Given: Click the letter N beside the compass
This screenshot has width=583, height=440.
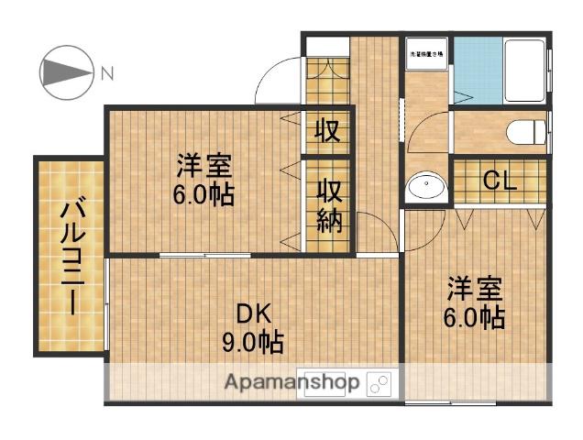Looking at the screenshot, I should click(107, 72).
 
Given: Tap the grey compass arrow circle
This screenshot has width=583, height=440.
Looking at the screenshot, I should click(65, 71).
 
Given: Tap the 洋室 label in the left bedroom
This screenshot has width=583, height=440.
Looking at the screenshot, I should click(204, 166).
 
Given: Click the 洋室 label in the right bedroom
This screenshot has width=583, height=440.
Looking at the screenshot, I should click(476, 290).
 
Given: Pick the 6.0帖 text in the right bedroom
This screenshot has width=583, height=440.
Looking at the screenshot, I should click(476, 318).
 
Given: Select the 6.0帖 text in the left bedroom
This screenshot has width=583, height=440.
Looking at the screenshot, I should click(204, 194).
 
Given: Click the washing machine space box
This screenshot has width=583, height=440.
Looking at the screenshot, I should click(427, 54).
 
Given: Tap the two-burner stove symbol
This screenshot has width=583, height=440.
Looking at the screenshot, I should click(379, 381).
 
